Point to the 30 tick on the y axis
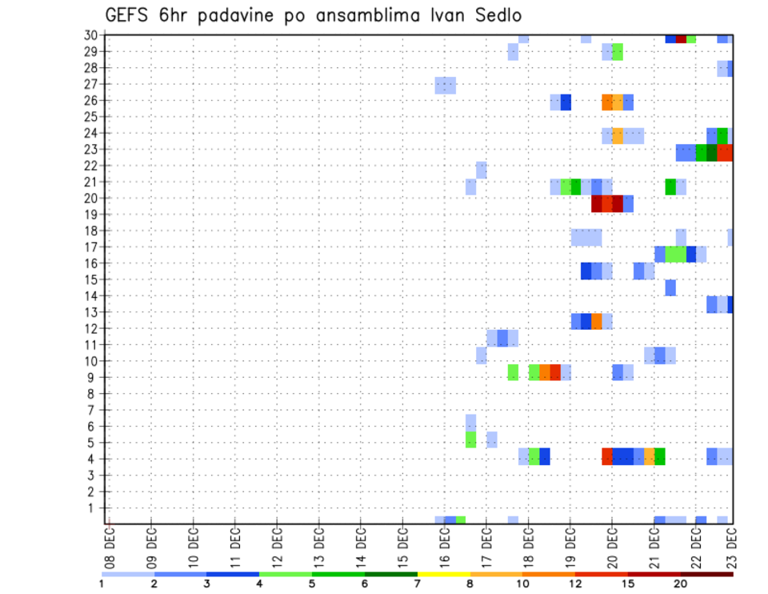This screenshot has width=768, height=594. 92,34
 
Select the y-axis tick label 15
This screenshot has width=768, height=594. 92,279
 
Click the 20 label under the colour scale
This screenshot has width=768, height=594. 681,584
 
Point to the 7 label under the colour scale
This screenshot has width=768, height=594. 418,584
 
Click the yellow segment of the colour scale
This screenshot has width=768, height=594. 444,574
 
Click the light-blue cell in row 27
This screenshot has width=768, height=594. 446,85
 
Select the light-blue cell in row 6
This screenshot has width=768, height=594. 471,421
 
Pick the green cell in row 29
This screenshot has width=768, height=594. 618,52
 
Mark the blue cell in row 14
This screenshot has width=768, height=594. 670,287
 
